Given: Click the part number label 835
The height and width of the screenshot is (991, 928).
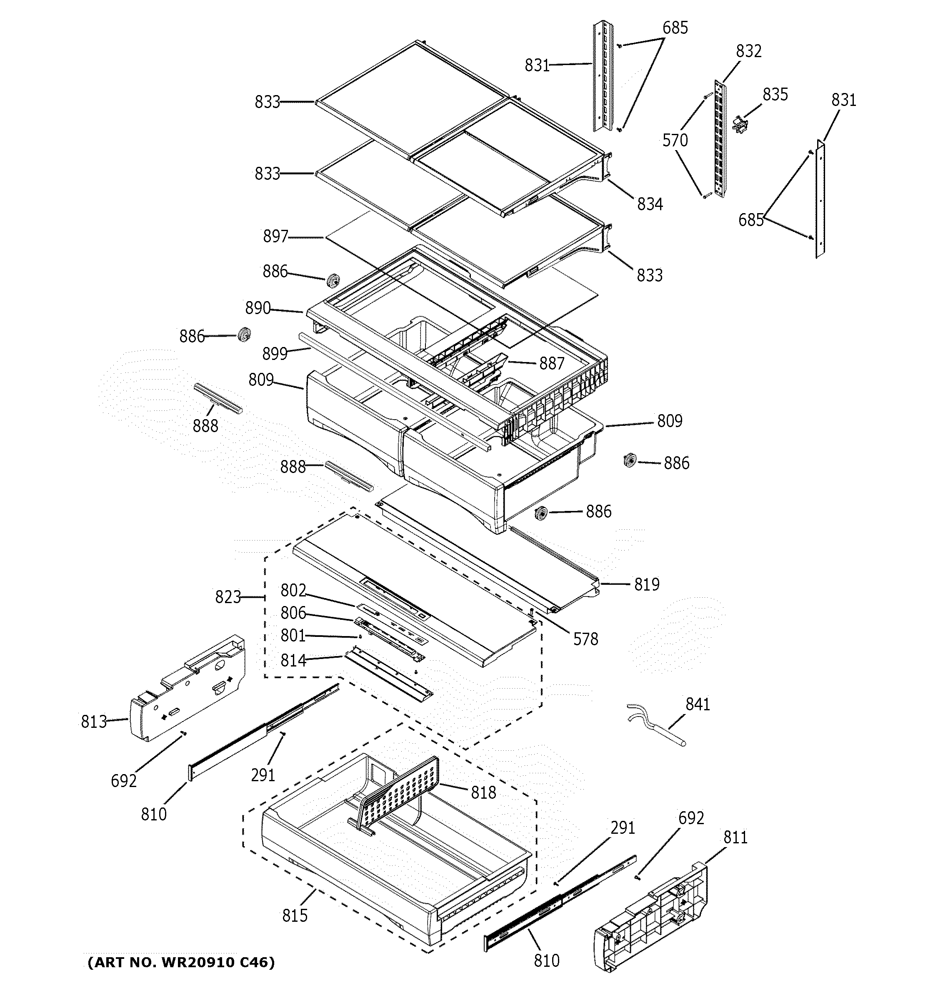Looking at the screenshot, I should tap(775, 94).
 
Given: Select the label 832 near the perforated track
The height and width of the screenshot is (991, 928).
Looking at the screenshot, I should tap(749, 51).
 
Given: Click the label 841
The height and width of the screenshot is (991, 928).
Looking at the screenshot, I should tap(698, 704).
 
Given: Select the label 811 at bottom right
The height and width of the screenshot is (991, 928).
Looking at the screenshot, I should tap(735, 837).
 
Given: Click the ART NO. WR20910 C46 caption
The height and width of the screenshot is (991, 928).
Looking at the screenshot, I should tap(181, 962).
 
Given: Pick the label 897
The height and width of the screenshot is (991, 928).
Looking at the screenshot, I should tap(275, 236).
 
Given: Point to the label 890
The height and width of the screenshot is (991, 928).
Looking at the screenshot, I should tap(258, 308).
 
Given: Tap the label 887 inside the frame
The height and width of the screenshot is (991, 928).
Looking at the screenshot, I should tap(551, 363).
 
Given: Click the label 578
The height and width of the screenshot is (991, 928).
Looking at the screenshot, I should tap(585, 639).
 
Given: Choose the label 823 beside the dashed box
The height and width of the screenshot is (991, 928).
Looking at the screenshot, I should tap(228, 597).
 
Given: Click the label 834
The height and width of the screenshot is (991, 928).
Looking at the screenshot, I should tap(650, 204).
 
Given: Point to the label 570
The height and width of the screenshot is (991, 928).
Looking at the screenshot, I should tap(675, 141).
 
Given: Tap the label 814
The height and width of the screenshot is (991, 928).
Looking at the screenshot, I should tap(293, 661).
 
